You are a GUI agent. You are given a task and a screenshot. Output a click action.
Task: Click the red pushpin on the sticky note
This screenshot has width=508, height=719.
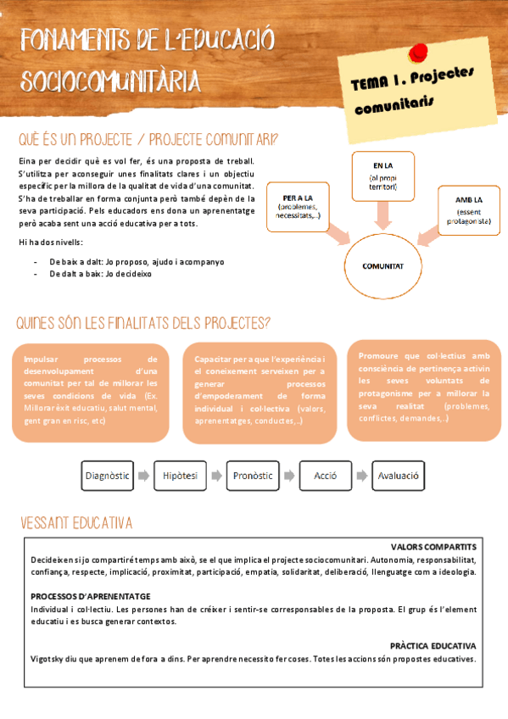417,53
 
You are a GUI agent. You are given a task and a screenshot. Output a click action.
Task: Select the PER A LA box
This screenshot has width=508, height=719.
299,204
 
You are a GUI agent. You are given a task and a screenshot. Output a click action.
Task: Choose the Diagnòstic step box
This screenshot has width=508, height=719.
107,477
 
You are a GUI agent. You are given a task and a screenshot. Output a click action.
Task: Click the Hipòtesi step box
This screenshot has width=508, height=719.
181,477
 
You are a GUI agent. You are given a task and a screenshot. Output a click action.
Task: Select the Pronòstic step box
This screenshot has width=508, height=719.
254,477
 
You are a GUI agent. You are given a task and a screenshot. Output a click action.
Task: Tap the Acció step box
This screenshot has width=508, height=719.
326,477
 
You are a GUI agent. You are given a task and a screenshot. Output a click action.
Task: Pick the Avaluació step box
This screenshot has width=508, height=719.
399,477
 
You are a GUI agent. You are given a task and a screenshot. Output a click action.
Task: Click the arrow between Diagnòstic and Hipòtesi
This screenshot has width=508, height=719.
143,477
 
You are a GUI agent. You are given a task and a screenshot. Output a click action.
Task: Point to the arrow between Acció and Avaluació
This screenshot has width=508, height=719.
362,477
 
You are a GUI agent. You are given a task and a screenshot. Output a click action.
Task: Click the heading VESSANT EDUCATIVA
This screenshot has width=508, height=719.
75,522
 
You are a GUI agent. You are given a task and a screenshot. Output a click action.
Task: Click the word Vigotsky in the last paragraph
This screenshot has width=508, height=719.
49,659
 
